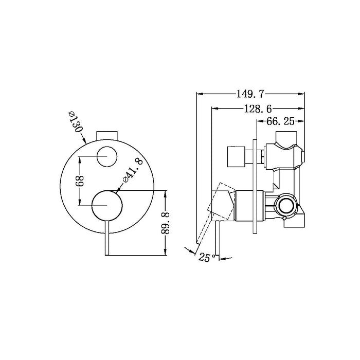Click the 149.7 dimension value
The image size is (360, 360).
250,94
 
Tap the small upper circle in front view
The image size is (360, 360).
107,155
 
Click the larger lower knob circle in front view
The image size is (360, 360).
107,205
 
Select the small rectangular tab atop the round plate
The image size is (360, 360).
107,135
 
